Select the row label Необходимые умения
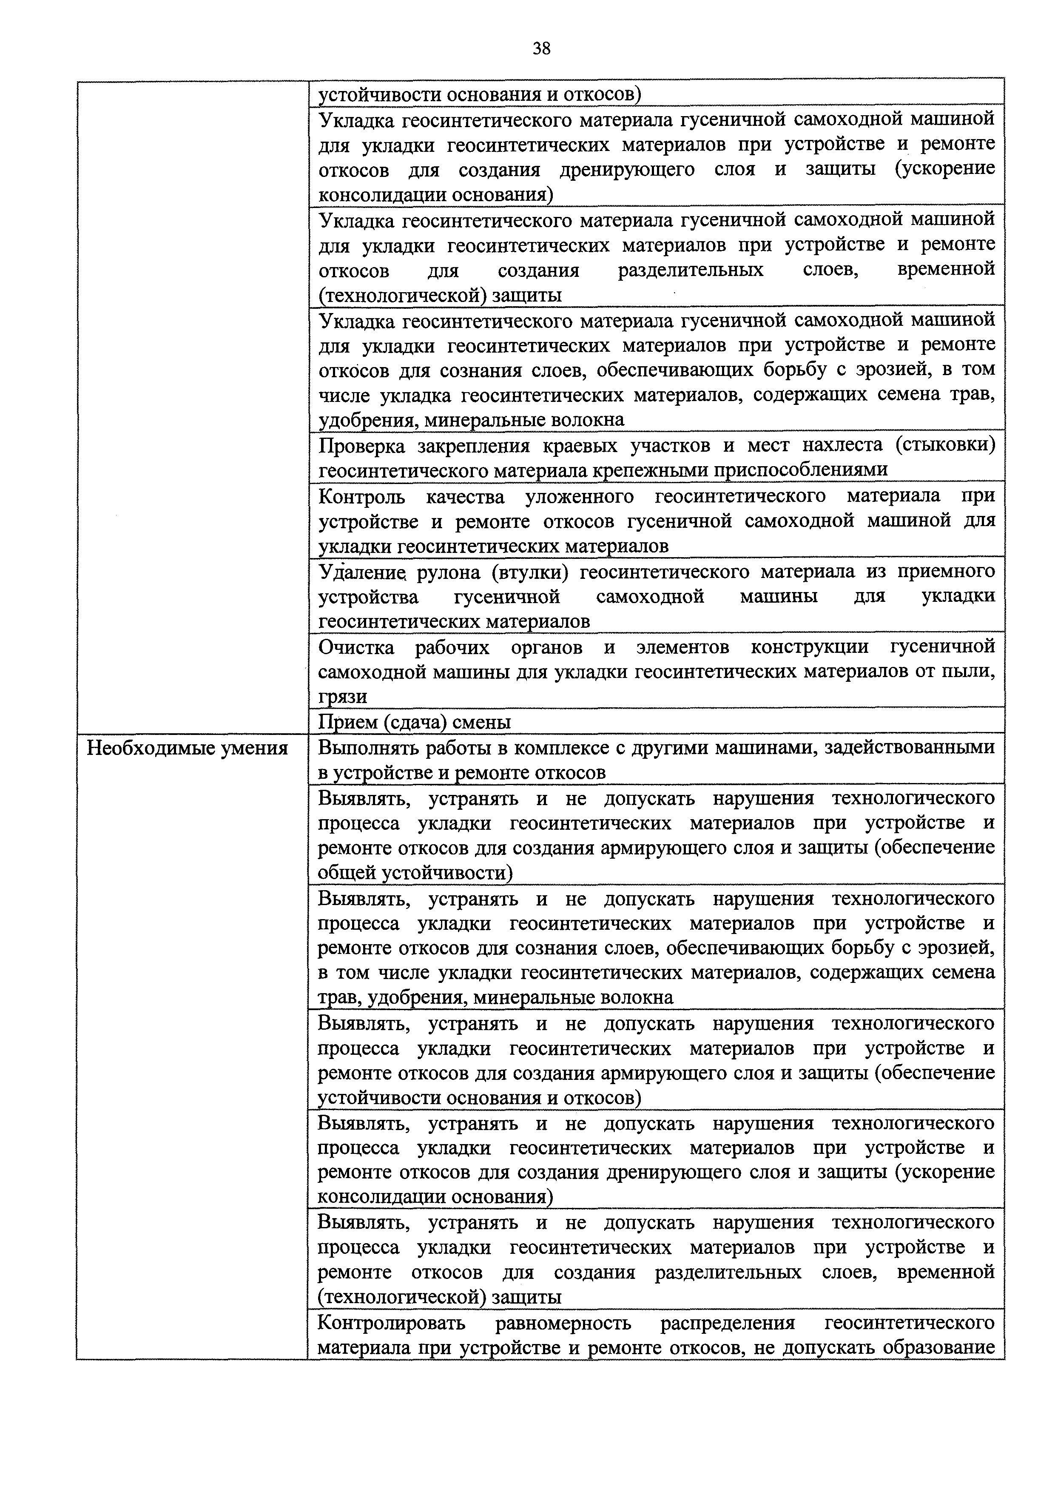[x=188, y=749]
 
